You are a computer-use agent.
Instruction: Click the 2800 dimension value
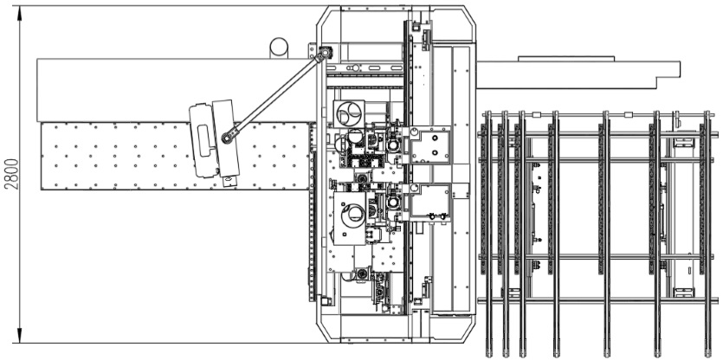12,174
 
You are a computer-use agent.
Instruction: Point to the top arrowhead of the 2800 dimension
20,13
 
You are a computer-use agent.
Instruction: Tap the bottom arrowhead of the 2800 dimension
20,336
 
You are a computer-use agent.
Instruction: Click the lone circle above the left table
279,48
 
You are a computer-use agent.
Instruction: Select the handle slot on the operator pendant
203,139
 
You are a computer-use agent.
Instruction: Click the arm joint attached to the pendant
227,138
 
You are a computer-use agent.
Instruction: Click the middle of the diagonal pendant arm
276,95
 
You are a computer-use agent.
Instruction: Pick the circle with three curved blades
349,112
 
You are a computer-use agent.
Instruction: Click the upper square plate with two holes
430,145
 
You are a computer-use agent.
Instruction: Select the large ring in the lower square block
353,215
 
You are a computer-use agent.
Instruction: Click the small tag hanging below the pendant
229,181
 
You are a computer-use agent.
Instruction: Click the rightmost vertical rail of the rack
707,234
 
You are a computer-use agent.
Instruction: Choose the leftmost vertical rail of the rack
487,234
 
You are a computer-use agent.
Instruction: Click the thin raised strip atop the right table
566,59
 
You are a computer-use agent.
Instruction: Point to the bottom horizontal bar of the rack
597,301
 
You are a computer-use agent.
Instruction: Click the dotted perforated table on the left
175,156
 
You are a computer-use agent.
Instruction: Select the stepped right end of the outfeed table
668,74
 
